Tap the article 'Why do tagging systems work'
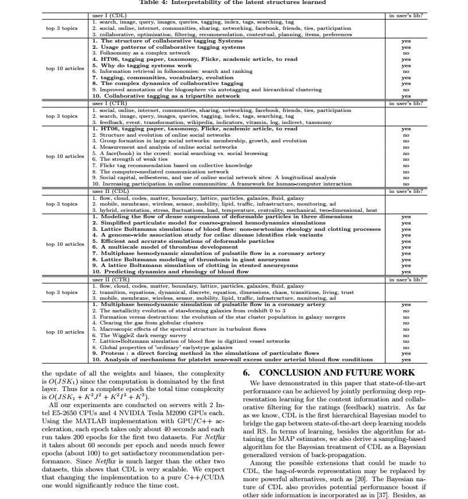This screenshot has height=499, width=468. (132, 66)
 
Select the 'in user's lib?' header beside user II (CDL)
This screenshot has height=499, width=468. (405, 191)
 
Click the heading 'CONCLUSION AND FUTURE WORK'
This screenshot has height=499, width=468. (326, 373)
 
